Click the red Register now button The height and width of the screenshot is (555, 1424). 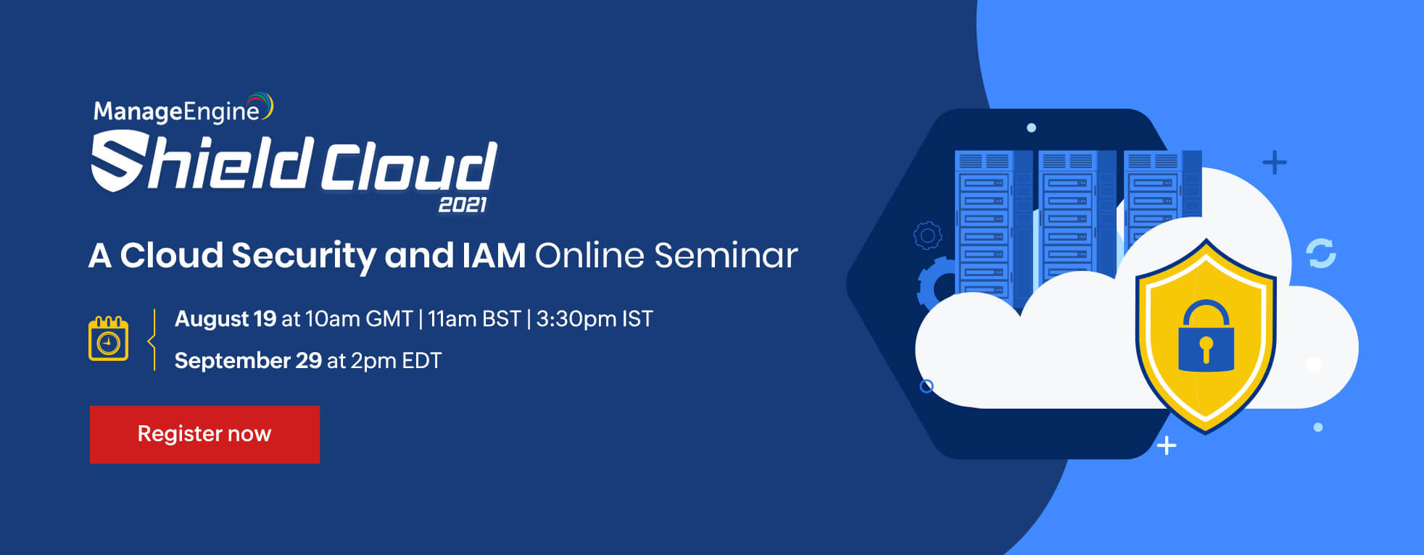click(204, 434)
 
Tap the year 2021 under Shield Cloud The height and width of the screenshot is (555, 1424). click(463, 205)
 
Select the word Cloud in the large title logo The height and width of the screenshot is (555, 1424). click(409, 166)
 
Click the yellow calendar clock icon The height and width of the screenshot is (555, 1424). click(108, 338)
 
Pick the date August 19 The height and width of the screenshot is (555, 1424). click(225, 319)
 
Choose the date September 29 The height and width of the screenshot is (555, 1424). click(248, 360)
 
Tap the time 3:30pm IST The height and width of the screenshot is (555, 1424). click(595, 319)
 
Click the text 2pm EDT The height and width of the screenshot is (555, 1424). click(396, 360)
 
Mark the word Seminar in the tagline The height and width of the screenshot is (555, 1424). click(726, 255)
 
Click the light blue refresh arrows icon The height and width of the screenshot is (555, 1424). click(1321, 254)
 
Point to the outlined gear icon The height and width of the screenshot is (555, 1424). click(927, 235)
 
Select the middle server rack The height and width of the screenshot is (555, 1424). click(1067, 217)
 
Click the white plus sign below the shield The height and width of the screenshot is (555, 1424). click(1167, 446)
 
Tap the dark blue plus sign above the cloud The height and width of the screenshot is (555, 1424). click(1275, 162)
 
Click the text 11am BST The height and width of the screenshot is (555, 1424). click(474, 319)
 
